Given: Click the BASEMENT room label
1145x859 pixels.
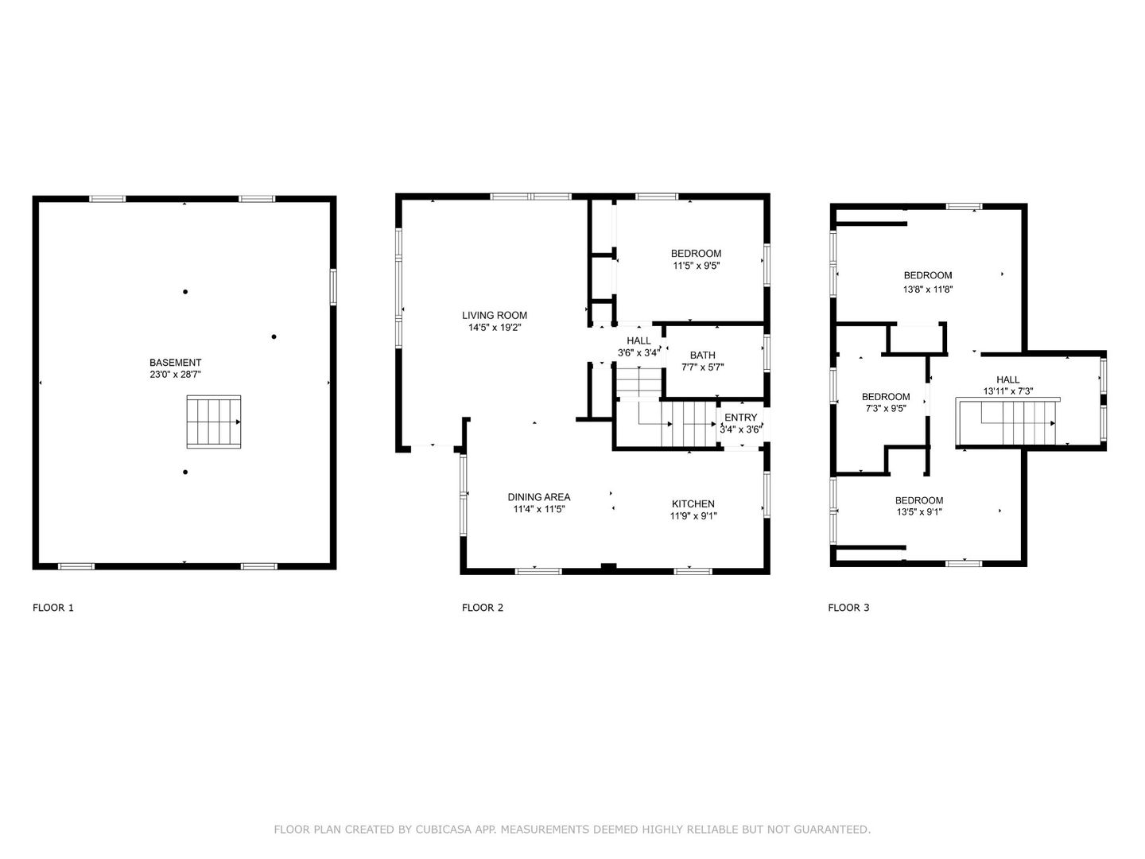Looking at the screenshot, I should click(x=175, y=362).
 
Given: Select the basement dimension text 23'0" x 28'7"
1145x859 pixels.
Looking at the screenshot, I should click(x=175, y=374).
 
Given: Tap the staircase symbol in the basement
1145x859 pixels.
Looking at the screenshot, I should click(x=213, y=422).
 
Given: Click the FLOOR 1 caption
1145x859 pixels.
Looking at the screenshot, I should click(x=53, y=608).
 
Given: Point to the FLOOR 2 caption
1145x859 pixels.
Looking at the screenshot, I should click(x=483, y=608).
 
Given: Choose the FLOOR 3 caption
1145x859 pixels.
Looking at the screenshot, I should click(x=848, y=608).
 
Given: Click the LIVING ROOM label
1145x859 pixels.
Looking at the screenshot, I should click(x=495, y=315).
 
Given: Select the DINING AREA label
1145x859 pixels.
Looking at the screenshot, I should click(x=539, y=497).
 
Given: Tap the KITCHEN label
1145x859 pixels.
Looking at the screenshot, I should click(x=693, y=503).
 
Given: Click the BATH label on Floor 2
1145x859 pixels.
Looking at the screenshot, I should click(x=702, y=356).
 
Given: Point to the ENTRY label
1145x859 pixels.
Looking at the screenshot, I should click(x=740, y=418).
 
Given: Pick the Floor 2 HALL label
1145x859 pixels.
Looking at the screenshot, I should click(x=638, y=340).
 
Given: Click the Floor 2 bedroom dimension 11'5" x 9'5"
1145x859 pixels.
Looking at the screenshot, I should click(x=696, y=266).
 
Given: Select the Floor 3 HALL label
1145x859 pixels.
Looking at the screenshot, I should click(x=1007, y=379).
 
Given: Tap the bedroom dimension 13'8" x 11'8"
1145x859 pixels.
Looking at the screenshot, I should click(x=927, y=290).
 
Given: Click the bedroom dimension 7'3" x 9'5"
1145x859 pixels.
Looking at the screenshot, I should click(x=886, y=409).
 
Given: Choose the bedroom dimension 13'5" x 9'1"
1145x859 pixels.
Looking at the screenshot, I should click(x=918, y=512).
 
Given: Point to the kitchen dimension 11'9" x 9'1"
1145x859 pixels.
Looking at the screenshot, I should click(x=693, y=515).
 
